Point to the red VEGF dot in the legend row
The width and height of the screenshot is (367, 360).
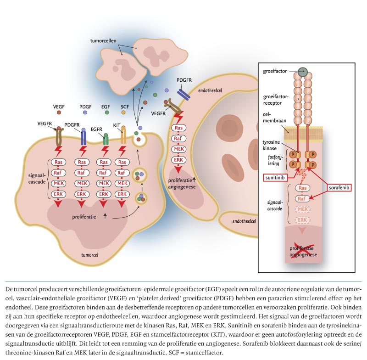(x=59, y=112)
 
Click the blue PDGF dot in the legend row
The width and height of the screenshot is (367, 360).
(x=85, y=112)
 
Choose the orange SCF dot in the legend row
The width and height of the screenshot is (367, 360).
(x=124, y=112)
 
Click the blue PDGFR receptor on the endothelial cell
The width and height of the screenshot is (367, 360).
(x=184, y=94)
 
